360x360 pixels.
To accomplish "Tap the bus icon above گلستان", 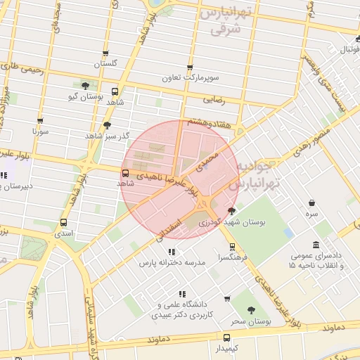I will (x=105, y=53).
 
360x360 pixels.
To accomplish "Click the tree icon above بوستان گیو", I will (x=85, y=85).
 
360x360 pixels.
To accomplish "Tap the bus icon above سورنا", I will (x=40, y=120).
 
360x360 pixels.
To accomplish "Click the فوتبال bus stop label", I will (x=349, y=50).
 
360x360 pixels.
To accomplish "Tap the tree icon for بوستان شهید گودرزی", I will (x=232, y=211).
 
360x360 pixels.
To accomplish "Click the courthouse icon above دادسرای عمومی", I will (x=316, y=245).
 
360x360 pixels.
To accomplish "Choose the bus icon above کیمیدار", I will (x=226, y=337).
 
